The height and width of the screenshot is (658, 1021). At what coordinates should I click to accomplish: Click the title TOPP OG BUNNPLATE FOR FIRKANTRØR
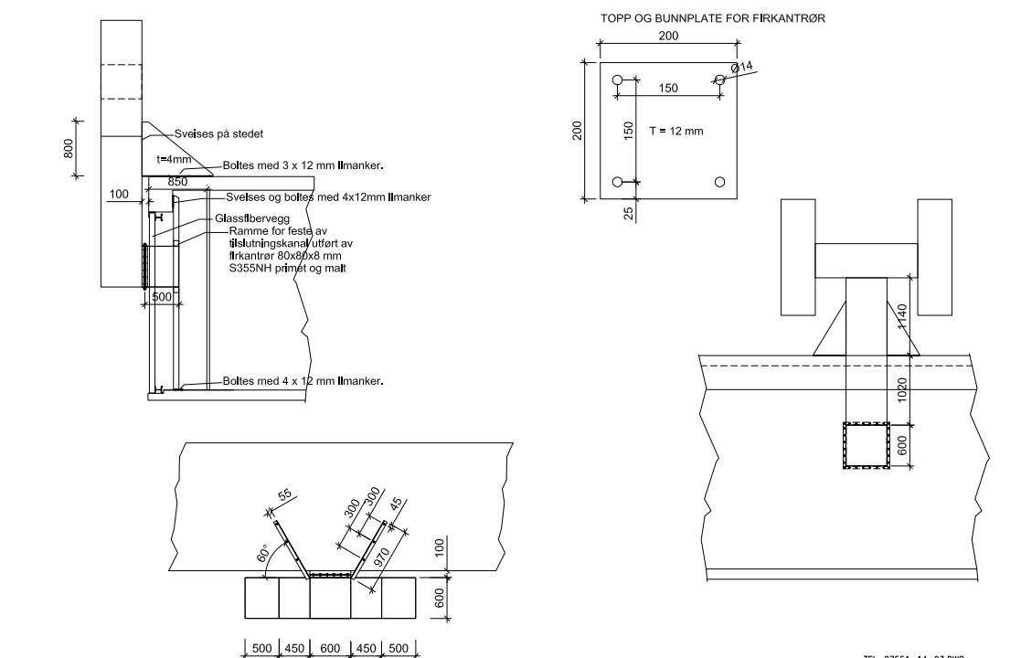coord(713,17)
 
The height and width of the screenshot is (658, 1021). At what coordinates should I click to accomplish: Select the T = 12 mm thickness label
coord(676,132)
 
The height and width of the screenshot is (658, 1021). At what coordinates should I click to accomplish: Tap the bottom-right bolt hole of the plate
coord(719,182)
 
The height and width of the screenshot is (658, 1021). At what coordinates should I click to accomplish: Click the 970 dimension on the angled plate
coord(382,554)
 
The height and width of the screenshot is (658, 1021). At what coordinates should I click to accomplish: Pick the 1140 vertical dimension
coord(901,317)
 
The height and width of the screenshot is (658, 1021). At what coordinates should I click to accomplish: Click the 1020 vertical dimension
coord(901,390)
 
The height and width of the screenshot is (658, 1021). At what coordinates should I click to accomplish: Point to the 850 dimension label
coord(177,182)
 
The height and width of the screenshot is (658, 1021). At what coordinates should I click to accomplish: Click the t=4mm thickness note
coord(174,159)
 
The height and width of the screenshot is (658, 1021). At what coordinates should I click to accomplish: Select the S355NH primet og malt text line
coord(287,268)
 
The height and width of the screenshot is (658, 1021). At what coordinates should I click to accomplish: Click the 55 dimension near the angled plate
coord(284,496)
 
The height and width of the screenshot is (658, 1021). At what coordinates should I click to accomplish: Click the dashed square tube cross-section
coord(865,446)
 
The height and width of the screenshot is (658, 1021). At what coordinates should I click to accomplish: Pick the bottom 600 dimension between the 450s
coord(331,648)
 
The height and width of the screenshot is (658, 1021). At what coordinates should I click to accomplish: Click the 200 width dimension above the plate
coord(668,36)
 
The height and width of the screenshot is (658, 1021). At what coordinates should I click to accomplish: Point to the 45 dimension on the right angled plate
coord(395,504)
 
